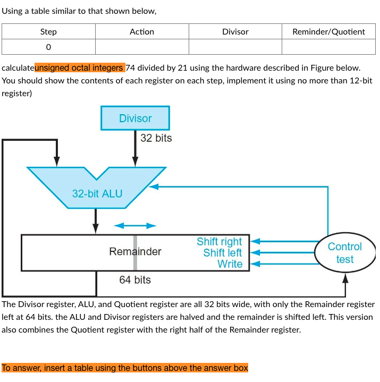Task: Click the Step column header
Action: [48, 32]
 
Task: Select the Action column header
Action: [142, 32]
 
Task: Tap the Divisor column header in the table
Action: [235, 32]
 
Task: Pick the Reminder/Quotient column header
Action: [328, 32]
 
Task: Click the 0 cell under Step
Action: [48, 47]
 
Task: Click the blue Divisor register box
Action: [135, 118]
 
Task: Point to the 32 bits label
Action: [156, 138]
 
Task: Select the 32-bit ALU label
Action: [97, 193]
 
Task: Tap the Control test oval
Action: [344, 253]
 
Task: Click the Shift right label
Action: [219, 242]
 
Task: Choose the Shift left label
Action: [222, 253]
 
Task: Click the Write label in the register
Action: [230, 264]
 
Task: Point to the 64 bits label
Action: [135, 279]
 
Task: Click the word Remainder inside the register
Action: [135, 251]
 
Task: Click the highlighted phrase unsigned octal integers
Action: [80, 68]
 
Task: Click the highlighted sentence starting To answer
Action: [125, 368]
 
